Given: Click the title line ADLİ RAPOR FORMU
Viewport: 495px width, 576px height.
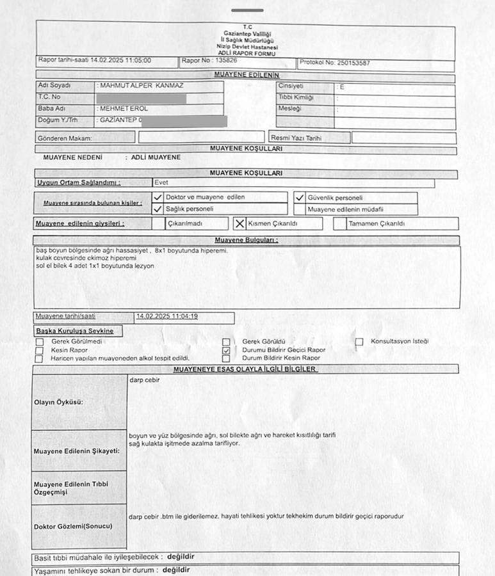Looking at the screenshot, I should click(x=245, y=52).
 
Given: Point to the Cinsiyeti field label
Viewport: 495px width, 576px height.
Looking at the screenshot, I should click(x=291, y=86).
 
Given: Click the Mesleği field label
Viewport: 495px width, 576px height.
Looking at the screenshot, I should click(x=289, y=109).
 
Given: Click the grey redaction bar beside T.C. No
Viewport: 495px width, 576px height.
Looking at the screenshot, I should click(x=141, y=98).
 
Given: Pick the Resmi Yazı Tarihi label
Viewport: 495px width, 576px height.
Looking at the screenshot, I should click(x=296, y=137).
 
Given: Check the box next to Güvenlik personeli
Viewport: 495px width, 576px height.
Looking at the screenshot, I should click(x=299, y=198).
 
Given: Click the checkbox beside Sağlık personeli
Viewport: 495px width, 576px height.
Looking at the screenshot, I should click(x=158, y=209).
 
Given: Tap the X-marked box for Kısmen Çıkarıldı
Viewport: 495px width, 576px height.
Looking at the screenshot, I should click(x=239, y=223).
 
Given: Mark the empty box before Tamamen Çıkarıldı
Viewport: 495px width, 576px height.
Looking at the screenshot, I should click(x=340, y=223).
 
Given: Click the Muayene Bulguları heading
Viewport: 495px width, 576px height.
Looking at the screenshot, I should click(x=246, y=240).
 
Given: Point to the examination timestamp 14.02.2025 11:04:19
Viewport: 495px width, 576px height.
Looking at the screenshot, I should click(x=166, y=316).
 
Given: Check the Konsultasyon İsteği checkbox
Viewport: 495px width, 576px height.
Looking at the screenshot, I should click(x=359, y=342).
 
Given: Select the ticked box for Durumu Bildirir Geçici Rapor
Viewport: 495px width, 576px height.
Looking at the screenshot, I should click(x=226, y=351).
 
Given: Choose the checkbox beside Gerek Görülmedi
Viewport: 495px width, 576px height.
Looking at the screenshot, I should click(x=40, y=342).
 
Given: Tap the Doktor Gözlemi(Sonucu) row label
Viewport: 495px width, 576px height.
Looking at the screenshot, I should click(x=73, y=526).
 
